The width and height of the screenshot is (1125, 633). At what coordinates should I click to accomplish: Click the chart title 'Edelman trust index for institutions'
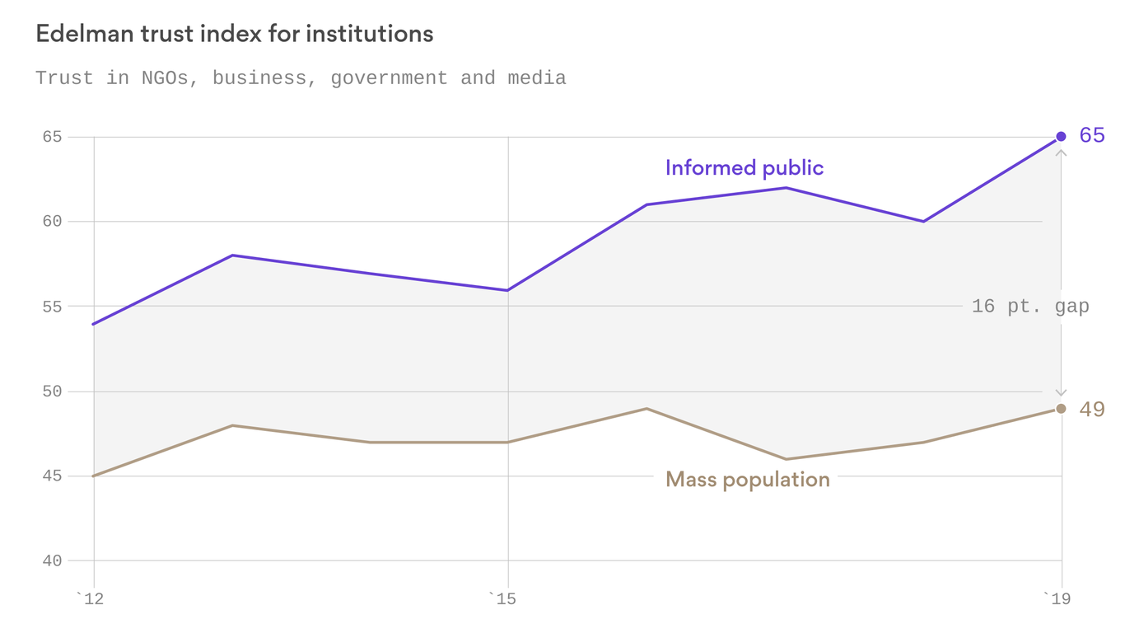point(234,34)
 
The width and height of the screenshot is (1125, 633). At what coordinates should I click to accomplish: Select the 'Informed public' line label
point(744,168)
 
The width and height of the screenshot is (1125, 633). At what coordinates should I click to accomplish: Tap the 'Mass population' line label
point(747,479)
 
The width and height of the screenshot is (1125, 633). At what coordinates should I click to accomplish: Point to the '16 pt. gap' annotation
point(1029,307)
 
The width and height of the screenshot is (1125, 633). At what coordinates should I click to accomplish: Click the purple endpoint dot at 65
point(1061,137)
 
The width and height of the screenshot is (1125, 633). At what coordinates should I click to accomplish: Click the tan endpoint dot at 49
point(1061,409)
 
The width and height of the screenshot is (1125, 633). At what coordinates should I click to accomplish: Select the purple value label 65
point(1091,135)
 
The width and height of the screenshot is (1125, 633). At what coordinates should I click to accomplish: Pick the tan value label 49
point(1091,410)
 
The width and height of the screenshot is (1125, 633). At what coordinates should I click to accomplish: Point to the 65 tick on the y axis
point(52,137)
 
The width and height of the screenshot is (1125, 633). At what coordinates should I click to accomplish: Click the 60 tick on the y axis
point(52,222)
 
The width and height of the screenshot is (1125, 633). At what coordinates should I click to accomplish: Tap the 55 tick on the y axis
point(52,307)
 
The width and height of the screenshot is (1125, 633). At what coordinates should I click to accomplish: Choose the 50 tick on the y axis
point(52,392)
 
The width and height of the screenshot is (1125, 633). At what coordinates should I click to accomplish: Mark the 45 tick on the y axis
point(52,476)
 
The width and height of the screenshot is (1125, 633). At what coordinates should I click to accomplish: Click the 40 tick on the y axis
point(52,561)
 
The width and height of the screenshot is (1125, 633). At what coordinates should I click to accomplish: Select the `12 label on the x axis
point(91,599)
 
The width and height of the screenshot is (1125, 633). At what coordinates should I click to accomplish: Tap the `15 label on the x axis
point(502,599)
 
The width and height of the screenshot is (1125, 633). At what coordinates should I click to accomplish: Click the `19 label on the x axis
point(1057,599)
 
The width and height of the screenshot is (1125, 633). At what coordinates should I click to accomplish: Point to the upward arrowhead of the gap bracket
point(1061,153)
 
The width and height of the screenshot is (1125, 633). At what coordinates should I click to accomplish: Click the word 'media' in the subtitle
point(536,78)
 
